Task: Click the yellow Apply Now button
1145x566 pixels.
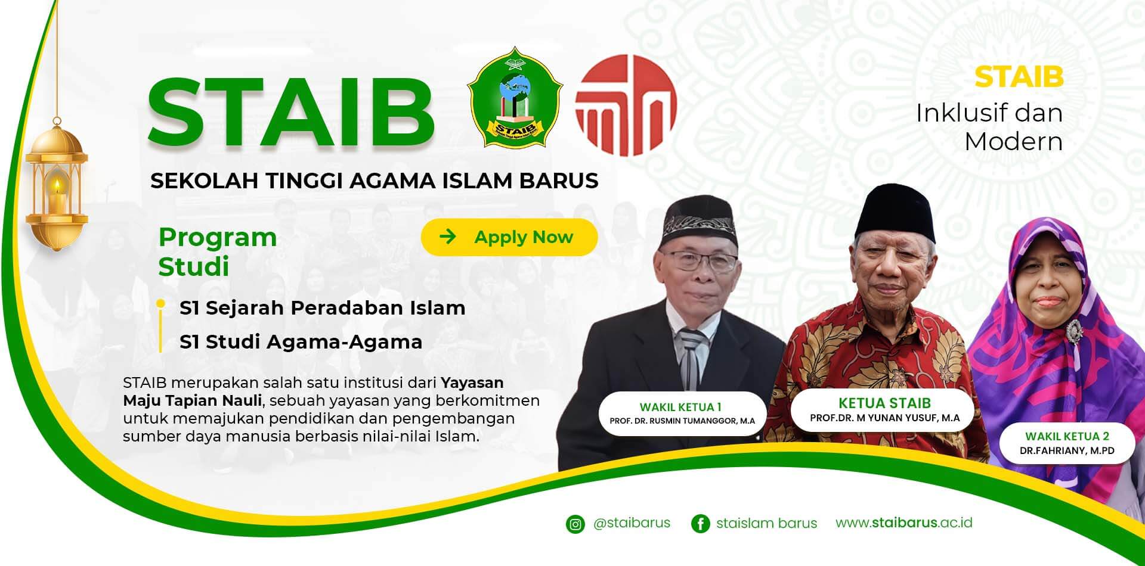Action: pos(509,237)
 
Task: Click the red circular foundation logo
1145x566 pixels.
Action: pos(626,105)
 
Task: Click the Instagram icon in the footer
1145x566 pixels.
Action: pos(575,524)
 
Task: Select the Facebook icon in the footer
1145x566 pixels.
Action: pos(701,524)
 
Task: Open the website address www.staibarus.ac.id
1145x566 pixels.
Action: pos(904,523)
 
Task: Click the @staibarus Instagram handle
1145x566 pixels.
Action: pos(632,523)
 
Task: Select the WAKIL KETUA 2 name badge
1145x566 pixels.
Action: pos(1067,443)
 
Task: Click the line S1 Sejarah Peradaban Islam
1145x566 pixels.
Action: pos(323,308)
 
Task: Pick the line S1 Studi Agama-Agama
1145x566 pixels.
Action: pos(301,342)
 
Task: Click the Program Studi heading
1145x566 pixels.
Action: pos(218,252)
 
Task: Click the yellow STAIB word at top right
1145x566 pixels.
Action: pos(1019,77)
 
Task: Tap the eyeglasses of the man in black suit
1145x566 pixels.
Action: pos(703,259)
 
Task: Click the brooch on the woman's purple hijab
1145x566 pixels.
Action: pos(1075,329)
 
